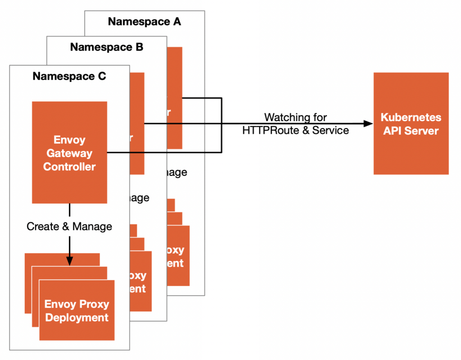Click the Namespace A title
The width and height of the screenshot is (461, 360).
tap(145, 22)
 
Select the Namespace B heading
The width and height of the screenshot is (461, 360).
tap(107, 47)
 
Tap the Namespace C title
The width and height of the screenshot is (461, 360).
tap(69, 76)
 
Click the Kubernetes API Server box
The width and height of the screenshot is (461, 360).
tap(411, 123)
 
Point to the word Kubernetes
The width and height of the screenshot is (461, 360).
tap(411, 117)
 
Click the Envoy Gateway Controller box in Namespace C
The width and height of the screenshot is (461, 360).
tap(69, 152)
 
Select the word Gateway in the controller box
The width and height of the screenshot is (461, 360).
tap(69, 153)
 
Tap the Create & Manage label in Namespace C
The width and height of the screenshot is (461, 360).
tap(69, 226)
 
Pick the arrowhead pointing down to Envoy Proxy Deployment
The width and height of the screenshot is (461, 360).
tap(69, 260)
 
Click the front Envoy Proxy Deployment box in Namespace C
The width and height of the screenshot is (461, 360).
tap(77, 310)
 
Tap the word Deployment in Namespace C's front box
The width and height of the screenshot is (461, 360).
tap(77, 318)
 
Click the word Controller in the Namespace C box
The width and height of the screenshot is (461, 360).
tap(69, 167)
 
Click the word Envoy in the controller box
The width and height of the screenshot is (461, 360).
tap(69, 140)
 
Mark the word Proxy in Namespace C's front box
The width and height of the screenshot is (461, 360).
tap(94, 304)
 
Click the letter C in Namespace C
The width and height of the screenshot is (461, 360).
tap(102, 76)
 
